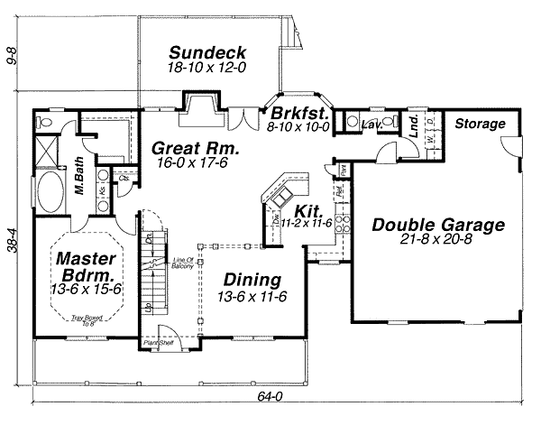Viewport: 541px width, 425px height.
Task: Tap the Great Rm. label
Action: point(194,148)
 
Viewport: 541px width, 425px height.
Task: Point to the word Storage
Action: point(479,124)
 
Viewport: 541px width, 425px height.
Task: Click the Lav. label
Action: point(369,126)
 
